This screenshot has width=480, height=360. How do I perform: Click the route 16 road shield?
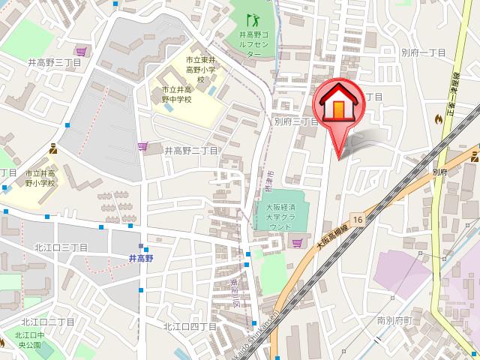(358, 218)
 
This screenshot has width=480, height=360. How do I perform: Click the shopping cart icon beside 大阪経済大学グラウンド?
(298, 241)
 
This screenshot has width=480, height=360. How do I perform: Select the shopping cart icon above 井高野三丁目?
(79, 50)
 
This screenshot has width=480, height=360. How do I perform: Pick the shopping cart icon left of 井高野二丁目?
(142, 147)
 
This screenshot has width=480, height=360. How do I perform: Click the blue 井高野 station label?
(140, 258)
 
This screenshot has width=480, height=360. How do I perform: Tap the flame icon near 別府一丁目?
(438, 118)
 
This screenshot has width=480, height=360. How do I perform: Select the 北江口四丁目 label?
(190, 325)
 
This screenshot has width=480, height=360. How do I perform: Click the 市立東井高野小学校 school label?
(190, 68)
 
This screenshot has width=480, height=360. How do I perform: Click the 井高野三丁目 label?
(54, 63)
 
